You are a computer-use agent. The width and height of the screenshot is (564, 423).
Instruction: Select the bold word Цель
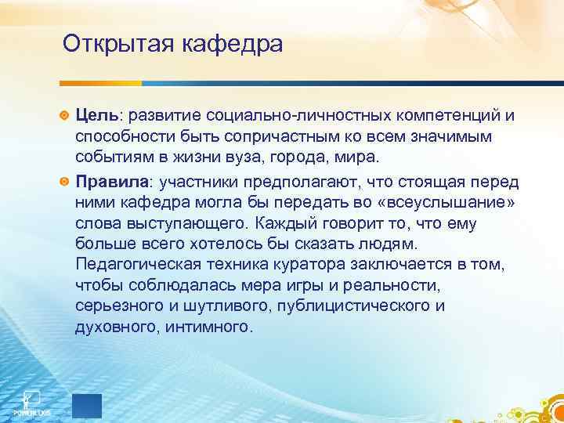pos(96,116)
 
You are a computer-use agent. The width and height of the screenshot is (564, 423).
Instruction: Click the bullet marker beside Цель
pos(65,116)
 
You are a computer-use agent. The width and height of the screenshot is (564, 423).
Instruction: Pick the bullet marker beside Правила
pos(65,181)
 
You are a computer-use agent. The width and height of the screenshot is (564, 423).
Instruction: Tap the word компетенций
pos(443,116)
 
